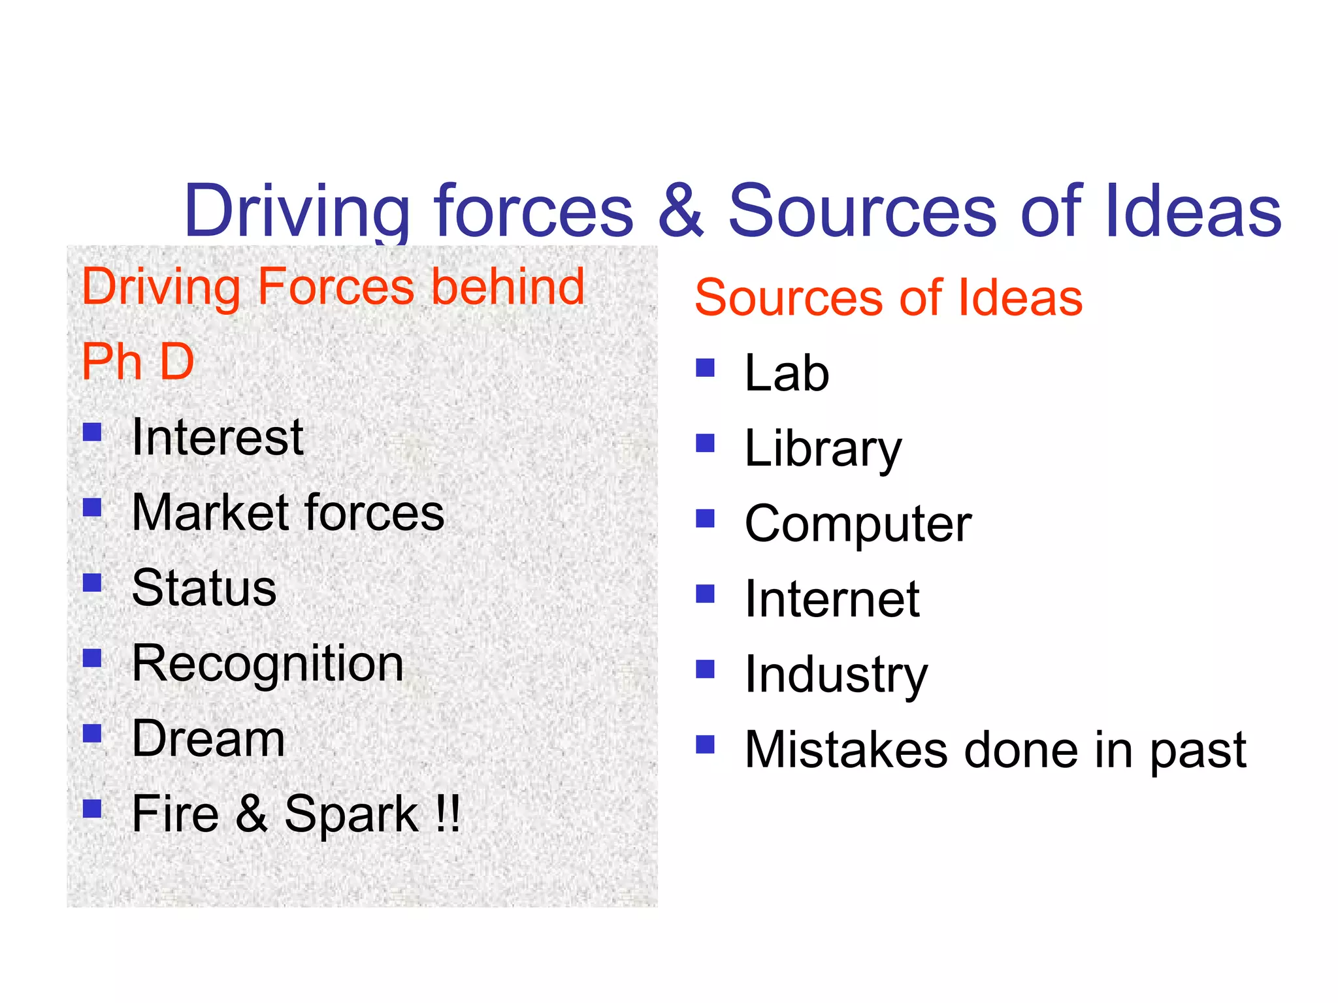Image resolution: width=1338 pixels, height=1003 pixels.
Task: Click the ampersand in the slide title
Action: tap(681, 211)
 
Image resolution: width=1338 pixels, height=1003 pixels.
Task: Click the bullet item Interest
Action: tap(218, 437)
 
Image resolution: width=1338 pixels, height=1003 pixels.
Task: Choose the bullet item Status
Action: tap(204, 588)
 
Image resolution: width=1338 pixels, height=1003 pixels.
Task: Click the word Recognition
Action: tap(268, 664)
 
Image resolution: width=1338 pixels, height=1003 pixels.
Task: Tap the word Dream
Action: tap(208, 739)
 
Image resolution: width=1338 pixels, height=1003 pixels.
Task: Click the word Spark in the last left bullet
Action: tap(351, 814)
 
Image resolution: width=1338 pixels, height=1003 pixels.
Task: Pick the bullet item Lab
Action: tap(787, 373)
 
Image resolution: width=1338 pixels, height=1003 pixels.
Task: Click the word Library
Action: tap(823, 449)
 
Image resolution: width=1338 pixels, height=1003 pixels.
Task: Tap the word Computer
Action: tap(858, 524)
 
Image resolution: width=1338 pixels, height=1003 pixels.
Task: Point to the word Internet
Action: tap(832, 599)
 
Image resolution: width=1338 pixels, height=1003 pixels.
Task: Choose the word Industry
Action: tap(836, 675)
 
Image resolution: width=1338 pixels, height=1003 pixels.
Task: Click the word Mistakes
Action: tap(846, 750)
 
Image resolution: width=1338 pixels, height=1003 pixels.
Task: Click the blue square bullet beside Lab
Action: tap(705, 368)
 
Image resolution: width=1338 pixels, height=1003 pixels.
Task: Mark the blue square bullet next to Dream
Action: tap(92, 734)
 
